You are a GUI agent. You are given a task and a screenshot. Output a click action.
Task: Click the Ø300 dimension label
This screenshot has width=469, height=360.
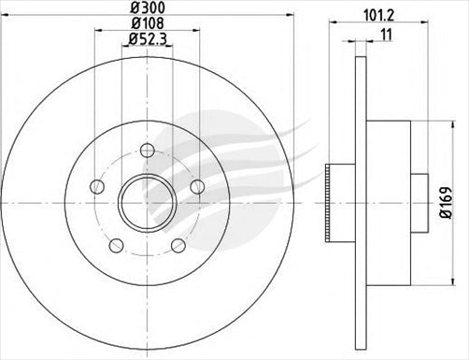[x=146, y=8]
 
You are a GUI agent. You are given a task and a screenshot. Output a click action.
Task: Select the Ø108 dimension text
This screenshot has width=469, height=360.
[x=146, y=23]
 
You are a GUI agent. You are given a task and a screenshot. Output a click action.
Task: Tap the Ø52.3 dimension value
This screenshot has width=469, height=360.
[x=146, y=39]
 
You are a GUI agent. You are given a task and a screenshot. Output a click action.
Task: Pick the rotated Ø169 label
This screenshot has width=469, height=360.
[x=447, y=202]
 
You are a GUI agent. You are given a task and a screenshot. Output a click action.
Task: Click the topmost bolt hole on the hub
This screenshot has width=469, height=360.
[x=147, y=150]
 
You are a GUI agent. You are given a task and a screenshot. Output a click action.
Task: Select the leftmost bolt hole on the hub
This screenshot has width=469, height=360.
[x=96, y=187]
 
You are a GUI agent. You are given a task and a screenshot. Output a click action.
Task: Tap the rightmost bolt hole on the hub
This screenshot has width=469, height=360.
[x=196, y=187]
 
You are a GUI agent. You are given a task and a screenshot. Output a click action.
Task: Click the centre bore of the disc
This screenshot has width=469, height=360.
[x=147, y=201]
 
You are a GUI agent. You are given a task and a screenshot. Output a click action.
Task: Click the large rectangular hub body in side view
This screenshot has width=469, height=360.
[x=387, y=201]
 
